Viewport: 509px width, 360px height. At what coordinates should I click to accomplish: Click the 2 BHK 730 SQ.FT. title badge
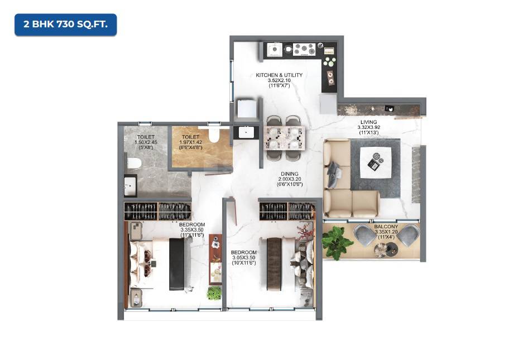66,25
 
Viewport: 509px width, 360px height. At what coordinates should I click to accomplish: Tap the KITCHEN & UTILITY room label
279,75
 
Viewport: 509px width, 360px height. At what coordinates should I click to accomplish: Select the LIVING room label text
368,122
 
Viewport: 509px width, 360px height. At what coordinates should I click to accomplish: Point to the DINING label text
289,174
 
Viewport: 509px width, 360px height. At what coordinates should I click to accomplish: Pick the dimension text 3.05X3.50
244,257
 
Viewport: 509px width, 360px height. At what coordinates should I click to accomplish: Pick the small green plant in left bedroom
214,292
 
